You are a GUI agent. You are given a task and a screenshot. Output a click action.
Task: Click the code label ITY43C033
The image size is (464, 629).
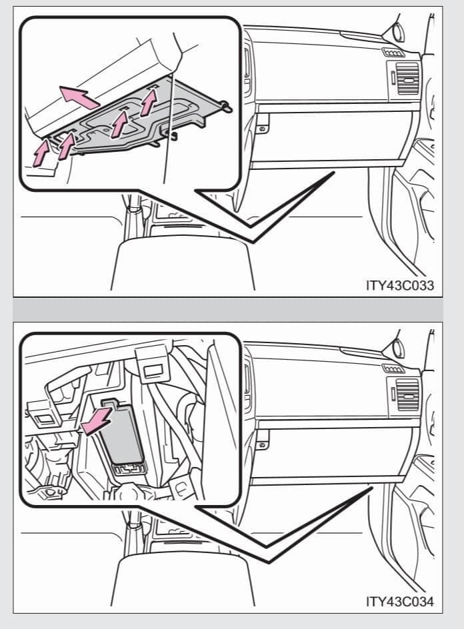click(x=400, y=285)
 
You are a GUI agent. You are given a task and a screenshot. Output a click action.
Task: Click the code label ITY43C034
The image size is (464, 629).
click(x=400, y=601)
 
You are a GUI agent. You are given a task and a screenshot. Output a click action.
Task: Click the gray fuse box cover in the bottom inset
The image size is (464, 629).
click(x=122, y=434)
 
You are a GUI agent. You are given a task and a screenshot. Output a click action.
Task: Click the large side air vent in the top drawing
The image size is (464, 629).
click(x=407, y=79)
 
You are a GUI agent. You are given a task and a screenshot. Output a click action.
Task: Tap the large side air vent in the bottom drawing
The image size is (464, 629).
click(x=407, y=394)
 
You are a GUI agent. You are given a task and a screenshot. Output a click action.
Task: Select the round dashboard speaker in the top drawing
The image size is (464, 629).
click(x=397, y=32)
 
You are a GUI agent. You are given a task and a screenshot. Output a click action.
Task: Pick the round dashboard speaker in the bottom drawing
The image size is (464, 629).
click(x=397, y=348)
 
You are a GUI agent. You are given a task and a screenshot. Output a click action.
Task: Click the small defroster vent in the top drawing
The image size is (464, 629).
click(x=393, y=53)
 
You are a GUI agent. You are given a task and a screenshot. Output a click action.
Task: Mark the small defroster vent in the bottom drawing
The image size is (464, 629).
click(x=393, y=368)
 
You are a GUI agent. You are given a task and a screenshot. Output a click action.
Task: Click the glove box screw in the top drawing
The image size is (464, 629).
click(x=262, y=129)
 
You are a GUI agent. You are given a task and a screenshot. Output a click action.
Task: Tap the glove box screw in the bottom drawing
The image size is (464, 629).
click(x=262, y=445)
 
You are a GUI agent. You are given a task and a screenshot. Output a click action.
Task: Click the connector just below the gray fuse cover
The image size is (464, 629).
click(x=129, y=468)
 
